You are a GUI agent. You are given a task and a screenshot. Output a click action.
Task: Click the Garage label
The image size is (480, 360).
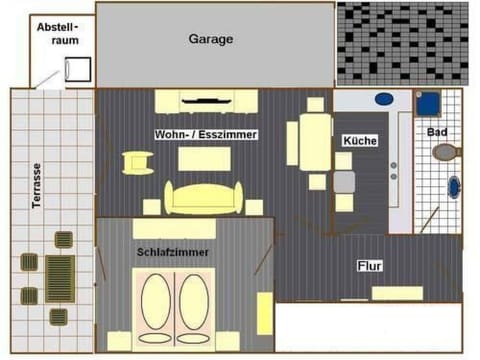coord(211,40)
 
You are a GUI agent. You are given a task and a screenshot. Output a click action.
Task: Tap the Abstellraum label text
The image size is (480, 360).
coord(57,35)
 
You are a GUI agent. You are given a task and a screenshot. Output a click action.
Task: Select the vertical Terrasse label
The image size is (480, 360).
coord(37,186)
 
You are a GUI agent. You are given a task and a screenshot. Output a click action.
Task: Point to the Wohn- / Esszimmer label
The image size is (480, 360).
coord(207,135)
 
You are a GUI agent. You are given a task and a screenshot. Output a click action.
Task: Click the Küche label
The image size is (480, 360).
coord(359,141)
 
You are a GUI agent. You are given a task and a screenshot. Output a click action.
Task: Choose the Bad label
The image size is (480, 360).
coord(437,132)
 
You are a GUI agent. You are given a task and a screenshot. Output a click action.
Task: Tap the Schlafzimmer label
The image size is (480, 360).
coord(173,253)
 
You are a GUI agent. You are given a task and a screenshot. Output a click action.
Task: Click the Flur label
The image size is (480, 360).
coord(371,267)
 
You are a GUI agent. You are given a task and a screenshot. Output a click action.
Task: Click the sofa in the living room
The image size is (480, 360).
coord(204,198)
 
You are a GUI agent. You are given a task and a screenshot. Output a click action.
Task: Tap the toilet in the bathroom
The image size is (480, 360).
coord(445,153)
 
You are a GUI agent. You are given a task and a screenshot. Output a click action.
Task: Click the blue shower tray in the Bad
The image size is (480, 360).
coord(429,104)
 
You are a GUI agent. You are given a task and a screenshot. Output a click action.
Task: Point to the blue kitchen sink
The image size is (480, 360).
coord(383,100)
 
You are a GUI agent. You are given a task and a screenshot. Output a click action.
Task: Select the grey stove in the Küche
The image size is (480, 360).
coord(344,182)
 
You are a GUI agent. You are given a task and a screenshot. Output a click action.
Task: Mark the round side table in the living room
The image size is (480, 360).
coord(134,162)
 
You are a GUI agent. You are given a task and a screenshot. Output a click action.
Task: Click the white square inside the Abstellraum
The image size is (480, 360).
coord(76,69)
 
